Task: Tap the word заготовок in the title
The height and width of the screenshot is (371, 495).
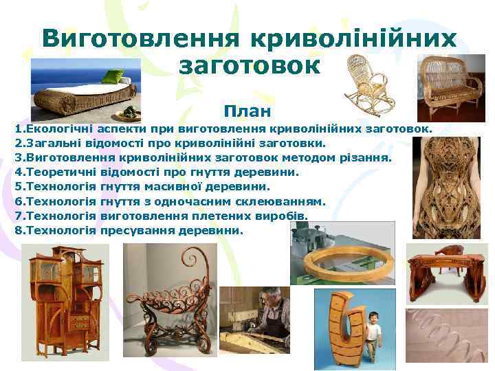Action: (x=249, y=66)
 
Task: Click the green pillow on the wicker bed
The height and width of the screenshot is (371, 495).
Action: (x=113, y=76)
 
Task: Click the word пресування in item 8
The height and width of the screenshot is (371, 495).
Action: (x=133, y=230)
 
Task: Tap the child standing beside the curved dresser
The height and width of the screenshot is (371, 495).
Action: (x=373, y=333)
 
